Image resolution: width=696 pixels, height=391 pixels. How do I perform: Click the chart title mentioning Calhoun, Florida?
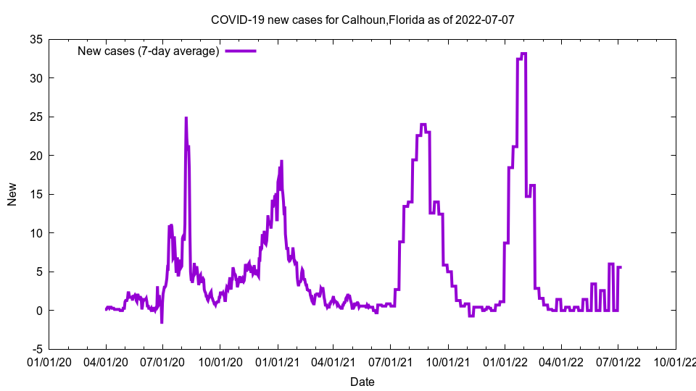(x=362, y=20)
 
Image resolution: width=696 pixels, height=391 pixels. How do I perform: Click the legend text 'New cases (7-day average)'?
(x=148, y=51)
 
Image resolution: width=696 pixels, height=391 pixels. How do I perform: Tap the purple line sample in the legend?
(x=241, y=51)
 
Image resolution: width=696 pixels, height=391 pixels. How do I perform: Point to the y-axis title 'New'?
(x=12, y=194)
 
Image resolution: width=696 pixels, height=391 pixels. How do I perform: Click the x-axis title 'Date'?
(x=362, y=382)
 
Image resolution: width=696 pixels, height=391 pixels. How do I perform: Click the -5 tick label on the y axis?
(x=35, y=349)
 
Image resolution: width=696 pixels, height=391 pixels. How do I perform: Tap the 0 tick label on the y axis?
(x=37, y=311)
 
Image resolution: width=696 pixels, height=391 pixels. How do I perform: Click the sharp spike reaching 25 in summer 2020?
(x=186, y=118)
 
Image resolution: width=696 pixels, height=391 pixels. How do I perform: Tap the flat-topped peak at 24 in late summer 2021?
(x=423, y=125)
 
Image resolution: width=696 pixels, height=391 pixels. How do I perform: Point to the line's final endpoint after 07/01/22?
(x=621, y=267)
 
